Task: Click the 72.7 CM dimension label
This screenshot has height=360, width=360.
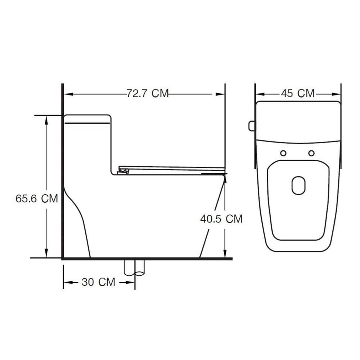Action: click(148, 94)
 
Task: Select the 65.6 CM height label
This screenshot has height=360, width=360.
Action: click(37, 198)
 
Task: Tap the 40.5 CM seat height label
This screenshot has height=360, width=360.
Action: click(221, 219)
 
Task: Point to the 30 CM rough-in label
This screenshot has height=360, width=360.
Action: click(98, 282)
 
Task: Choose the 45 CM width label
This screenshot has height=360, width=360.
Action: click(298, 93)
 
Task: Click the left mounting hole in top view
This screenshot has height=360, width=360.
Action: click(284, 153)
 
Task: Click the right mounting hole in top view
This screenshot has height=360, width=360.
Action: click(311, 153)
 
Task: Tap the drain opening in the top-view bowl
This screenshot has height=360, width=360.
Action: click(299, 185)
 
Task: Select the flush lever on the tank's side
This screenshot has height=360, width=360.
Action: click(252, 126)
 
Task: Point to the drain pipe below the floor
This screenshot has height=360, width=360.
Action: click(135, 267)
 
